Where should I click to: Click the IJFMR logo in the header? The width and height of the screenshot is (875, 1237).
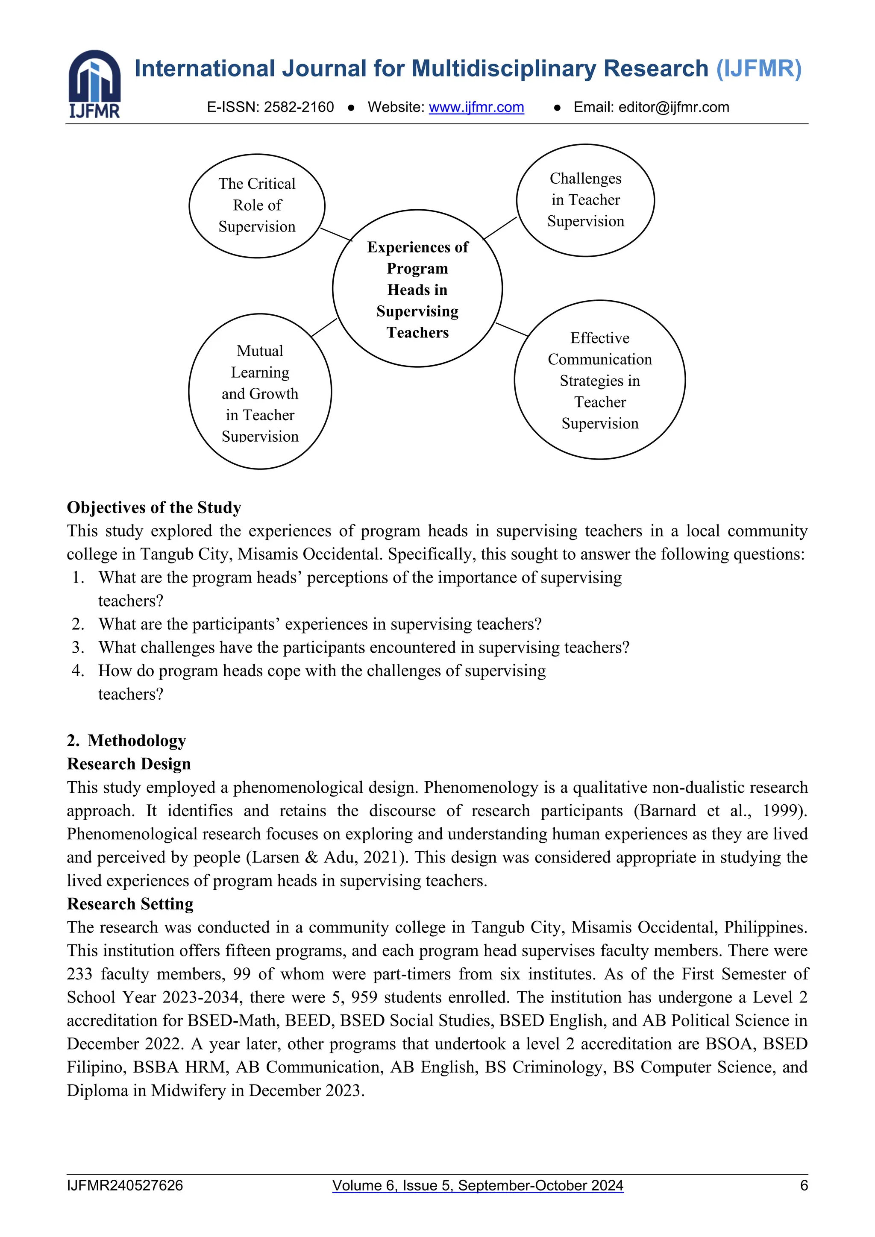click(94, 84)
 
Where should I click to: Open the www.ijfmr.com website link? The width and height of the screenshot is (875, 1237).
click(476, 107)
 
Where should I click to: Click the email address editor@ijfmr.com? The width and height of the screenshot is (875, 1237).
click(673, 107)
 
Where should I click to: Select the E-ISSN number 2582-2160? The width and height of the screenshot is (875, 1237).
click(299, 107)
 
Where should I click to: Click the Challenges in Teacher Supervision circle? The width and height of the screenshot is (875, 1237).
click(585, 200)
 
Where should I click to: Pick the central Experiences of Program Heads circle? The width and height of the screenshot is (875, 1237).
click(417, 289)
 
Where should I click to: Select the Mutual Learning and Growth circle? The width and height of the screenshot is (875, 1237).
click(260, 392)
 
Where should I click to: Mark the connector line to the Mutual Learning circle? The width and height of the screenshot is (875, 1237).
click(324, 328)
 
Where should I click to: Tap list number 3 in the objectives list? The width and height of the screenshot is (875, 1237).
click(78, 648)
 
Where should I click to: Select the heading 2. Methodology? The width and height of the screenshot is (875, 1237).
click(126, 741)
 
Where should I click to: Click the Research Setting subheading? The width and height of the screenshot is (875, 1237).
click(130, 904)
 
